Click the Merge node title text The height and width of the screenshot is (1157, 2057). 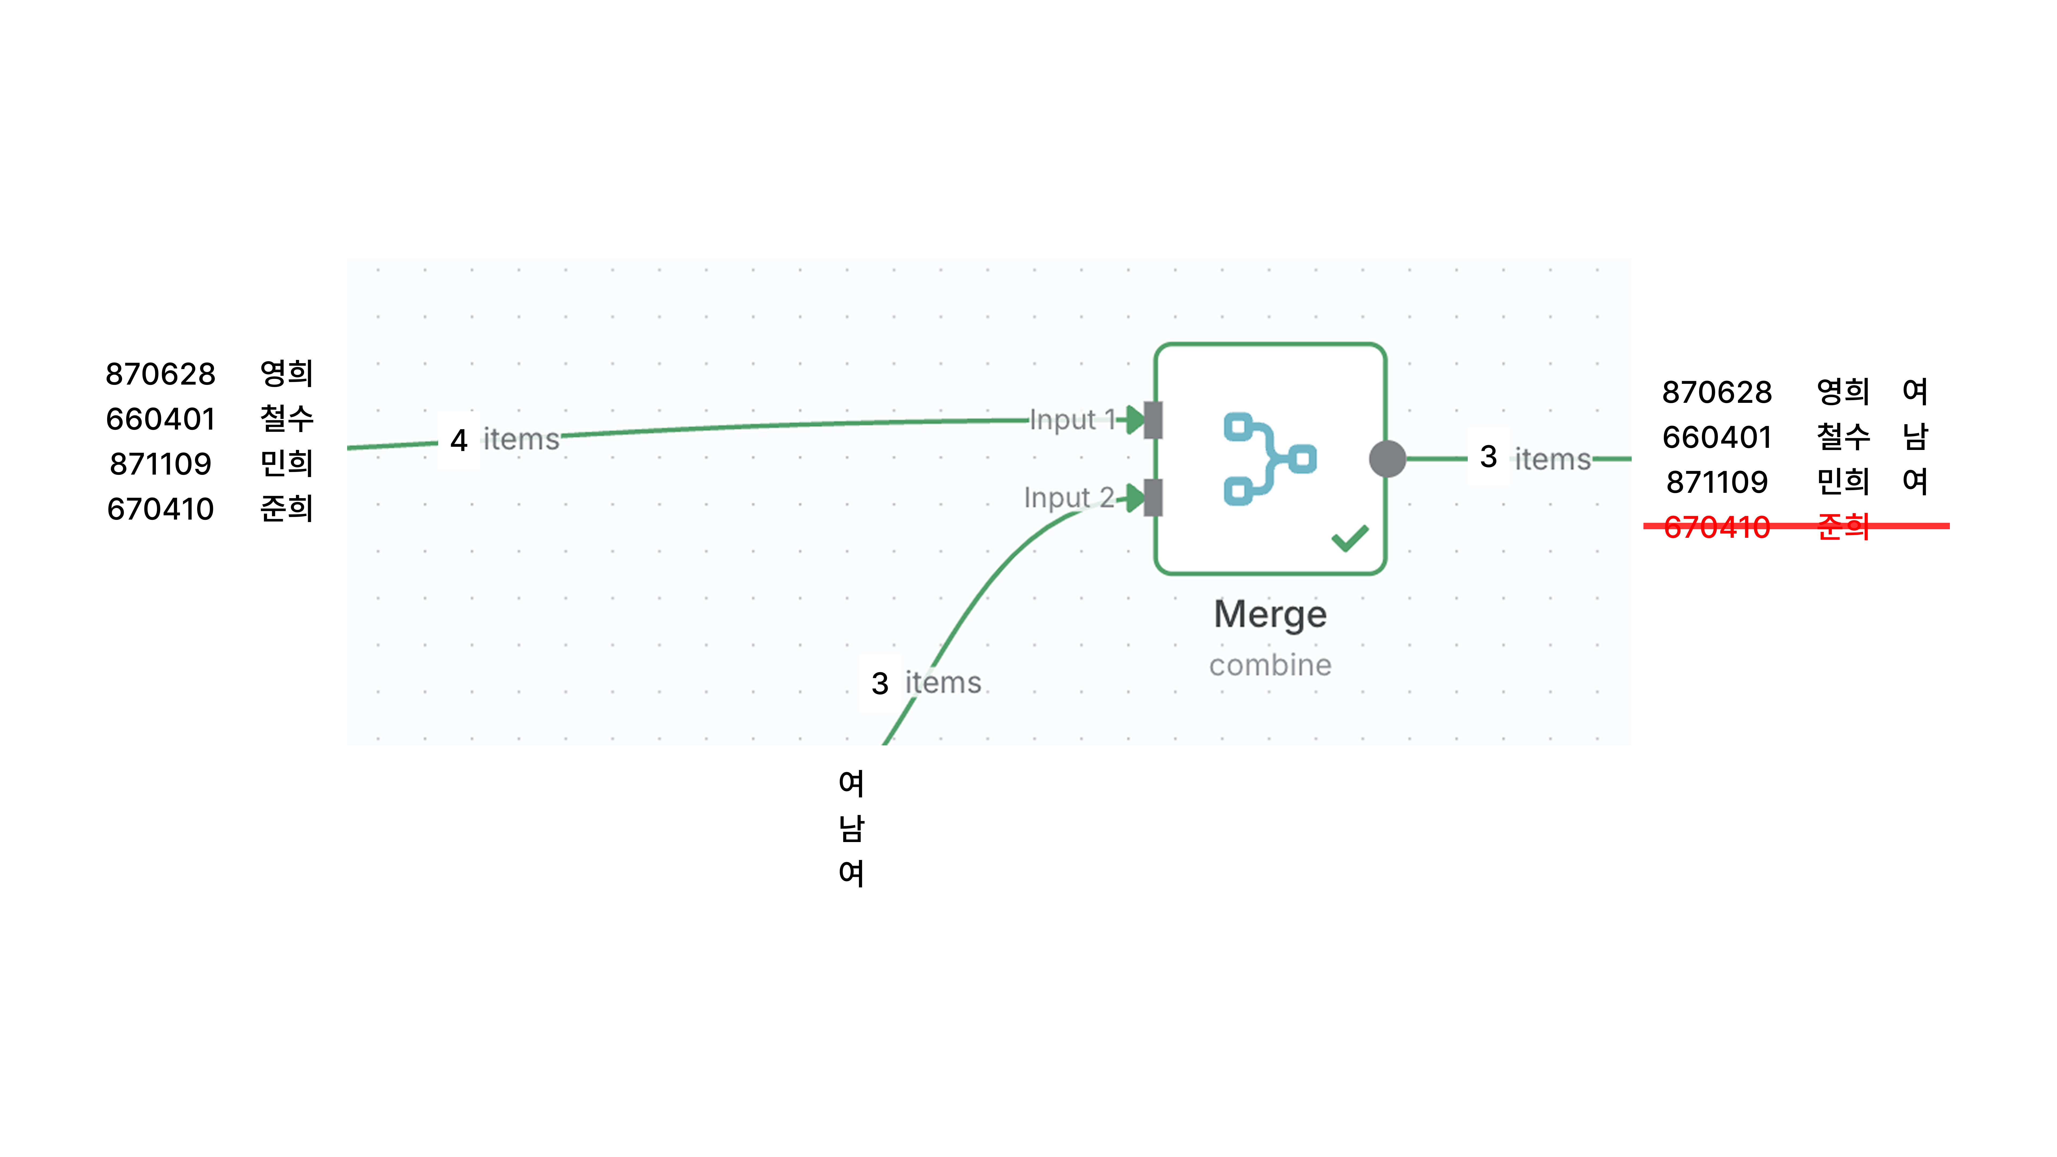tap(1270, 615)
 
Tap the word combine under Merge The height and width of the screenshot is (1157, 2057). tap(1270, 665)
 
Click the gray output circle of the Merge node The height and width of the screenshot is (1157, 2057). tap(1387, 459)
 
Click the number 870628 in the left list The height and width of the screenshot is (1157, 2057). tap(160, 374)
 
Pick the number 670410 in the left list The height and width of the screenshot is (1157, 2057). tap(160, 509)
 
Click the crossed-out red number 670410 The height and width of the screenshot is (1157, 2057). tap(1717, 527)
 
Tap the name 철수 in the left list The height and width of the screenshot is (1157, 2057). tap(287, 418)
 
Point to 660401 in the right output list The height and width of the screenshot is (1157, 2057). tap(1717, 438)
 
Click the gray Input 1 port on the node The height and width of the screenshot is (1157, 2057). tap(1153, 420)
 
